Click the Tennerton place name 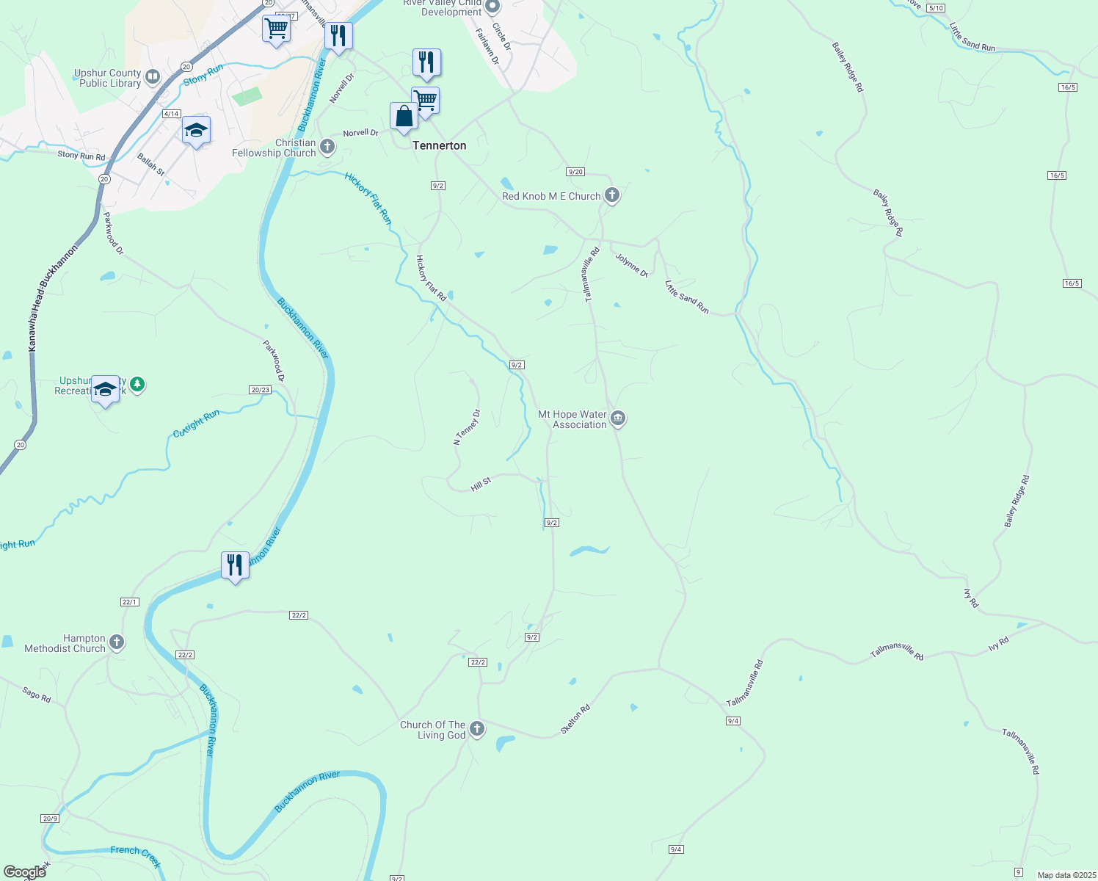439,145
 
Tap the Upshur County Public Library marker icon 153,76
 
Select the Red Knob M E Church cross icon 612,196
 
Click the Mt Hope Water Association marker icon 618,419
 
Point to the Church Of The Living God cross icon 477,729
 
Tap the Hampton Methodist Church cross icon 116,643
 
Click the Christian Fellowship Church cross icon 327,148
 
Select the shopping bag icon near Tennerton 404,116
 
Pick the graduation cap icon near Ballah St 196,130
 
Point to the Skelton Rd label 575,719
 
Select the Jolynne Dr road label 632,265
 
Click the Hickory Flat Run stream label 368,198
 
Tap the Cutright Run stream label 196,424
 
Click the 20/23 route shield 260,390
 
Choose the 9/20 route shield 575,172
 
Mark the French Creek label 136,855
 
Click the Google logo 25,872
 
